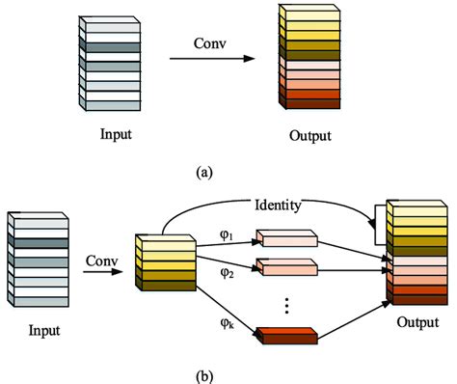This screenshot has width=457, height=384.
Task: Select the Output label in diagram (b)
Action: [x=416, y=325]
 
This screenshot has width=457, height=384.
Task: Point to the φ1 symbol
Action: [x=228, y=233]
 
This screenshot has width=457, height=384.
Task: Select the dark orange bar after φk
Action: [x=285, y=335]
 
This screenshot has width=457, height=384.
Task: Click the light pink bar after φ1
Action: [x=285, y=238]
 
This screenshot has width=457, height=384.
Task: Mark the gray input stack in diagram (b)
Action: [x=35, y=261]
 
